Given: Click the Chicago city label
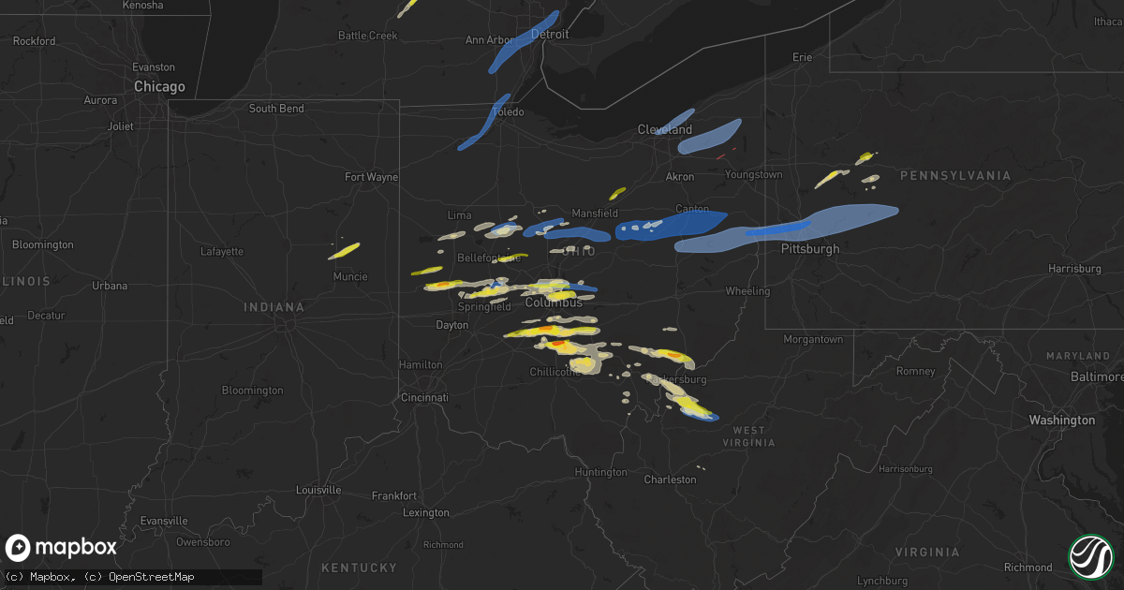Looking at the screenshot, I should tap(159, 86).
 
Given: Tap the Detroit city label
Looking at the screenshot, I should tap(550, 34).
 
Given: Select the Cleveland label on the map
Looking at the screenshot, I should tap(665, 129).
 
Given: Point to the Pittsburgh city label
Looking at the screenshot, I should tap(810, 249).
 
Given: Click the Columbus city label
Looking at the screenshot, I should tap(554, 302).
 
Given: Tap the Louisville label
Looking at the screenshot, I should tap(319, 491).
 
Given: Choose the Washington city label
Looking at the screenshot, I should tap(1061, 420).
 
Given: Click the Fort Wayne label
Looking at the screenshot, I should tap(371, 177).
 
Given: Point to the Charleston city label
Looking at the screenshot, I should tap(670, 479).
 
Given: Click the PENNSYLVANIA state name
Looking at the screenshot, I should tap(955, 176).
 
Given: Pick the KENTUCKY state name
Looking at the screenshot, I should tap(359, 568).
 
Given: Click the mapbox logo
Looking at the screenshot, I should tap(61, 548).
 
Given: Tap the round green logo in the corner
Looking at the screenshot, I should tap(1091, 556).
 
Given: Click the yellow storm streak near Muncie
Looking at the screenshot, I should tap(344, 251).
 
